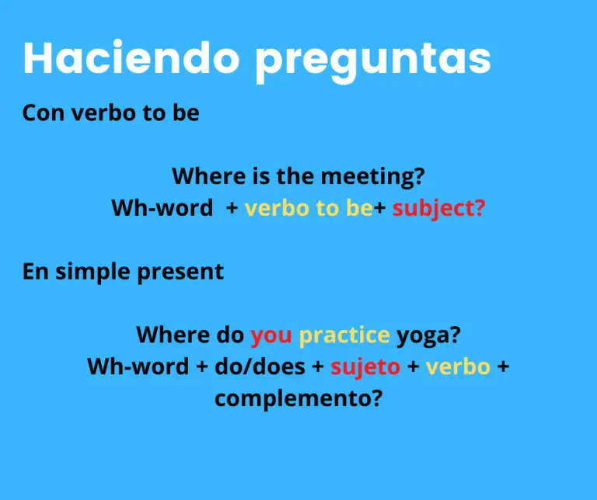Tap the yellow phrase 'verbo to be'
(309, 208)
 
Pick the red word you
(271, 335)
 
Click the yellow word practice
(344, 335)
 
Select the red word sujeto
(365, 366)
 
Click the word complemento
(298, 398)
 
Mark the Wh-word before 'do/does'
(138, 366)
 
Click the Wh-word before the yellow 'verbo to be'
(162, 208)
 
